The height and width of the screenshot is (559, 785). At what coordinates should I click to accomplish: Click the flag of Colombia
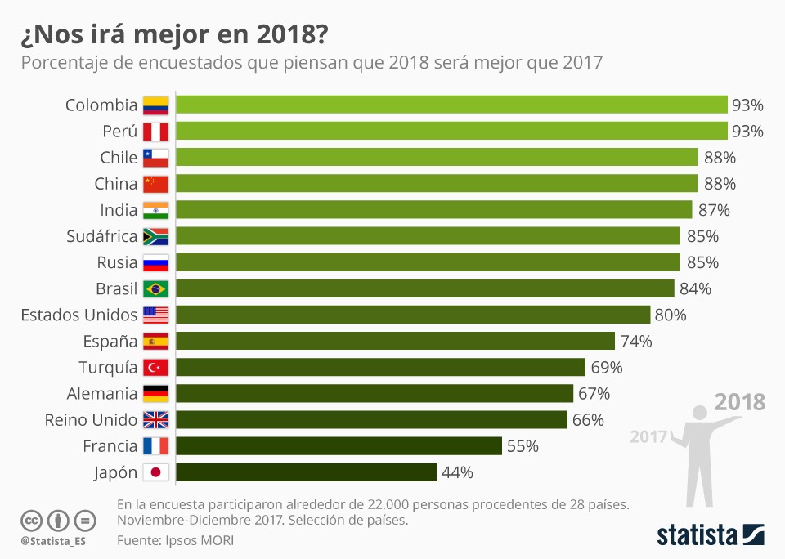[x=155, y=105]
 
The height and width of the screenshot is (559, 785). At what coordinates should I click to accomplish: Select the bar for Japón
[x=306, y=472]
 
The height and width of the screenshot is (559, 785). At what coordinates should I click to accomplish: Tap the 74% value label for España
[x=636, y=342]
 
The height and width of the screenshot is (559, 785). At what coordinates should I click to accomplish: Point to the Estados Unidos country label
[x=78, y=315]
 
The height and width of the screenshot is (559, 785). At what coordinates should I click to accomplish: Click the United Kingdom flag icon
[x=155, y=420]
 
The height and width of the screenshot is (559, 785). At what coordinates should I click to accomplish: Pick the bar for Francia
[x=339, y=446]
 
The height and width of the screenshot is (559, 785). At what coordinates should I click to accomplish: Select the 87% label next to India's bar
[x=714, y=210]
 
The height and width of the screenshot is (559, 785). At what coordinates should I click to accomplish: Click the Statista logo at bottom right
[x=711, y=535]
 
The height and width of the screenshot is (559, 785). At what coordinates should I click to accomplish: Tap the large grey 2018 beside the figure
[x=740, y=402]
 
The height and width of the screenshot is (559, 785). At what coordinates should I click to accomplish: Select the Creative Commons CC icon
[x=32, y=520]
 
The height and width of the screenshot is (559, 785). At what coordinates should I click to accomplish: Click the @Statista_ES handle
[x=53, y=541]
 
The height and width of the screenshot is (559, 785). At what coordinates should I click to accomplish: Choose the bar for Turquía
[x=380, y=368]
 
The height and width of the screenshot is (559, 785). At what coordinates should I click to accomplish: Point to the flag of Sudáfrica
[x=155, y=236]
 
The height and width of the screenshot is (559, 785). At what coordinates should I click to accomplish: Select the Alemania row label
[x=103, y=393]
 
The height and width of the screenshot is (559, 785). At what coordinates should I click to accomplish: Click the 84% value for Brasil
[x=695, y=288]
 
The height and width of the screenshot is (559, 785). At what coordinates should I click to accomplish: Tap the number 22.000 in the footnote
[x=364, y=503]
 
